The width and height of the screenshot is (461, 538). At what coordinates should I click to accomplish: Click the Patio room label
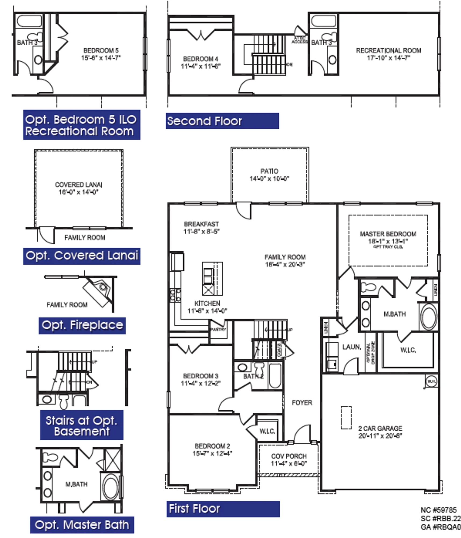click(x=269, y=171)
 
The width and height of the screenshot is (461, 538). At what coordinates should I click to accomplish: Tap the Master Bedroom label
click(x=388, y=234)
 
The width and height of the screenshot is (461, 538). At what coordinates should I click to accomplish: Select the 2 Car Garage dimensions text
click(x=380, y=436)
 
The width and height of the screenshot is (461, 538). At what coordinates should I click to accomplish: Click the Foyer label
click(x=302, y=403)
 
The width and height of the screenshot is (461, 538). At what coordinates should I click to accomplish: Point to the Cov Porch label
click(x=289, y=456)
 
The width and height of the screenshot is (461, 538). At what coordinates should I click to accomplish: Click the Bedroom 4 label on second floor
click(x=200, y=59)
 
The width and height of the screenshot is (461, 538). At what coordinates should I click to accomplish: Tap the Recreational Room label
click(x=388, y=51)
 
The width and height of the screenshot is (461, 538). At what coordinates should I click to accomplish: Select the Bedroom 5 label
click(x=101, y=51)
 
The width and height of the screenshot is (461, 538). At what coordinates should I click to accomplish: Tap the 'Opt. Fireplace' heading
click(x=82, y=325)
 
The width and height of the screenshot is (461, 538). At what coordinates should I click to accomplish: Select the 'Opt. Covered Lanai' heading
click(x=82, y=256)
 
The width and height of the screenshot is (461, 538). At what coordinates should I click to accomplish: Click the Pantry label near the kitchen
click(x=218, y=330)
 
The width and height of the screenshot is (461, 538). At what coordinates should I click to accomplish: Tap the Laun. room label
click(x=351, y=347)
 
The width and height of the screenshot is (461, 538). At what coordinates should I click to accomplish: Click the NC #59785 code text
click(x=438, y=510)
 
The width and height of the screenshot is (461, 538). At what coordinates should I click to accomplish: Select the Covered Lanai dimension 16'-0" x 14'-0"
click(x=78, y=192)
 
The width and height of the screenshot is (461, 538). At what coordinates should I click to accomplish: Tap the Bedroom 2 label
click(x=212, y=446)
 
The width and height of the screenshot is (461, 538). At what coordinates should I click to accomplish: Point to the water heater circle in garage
click(x=431, y=381)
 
